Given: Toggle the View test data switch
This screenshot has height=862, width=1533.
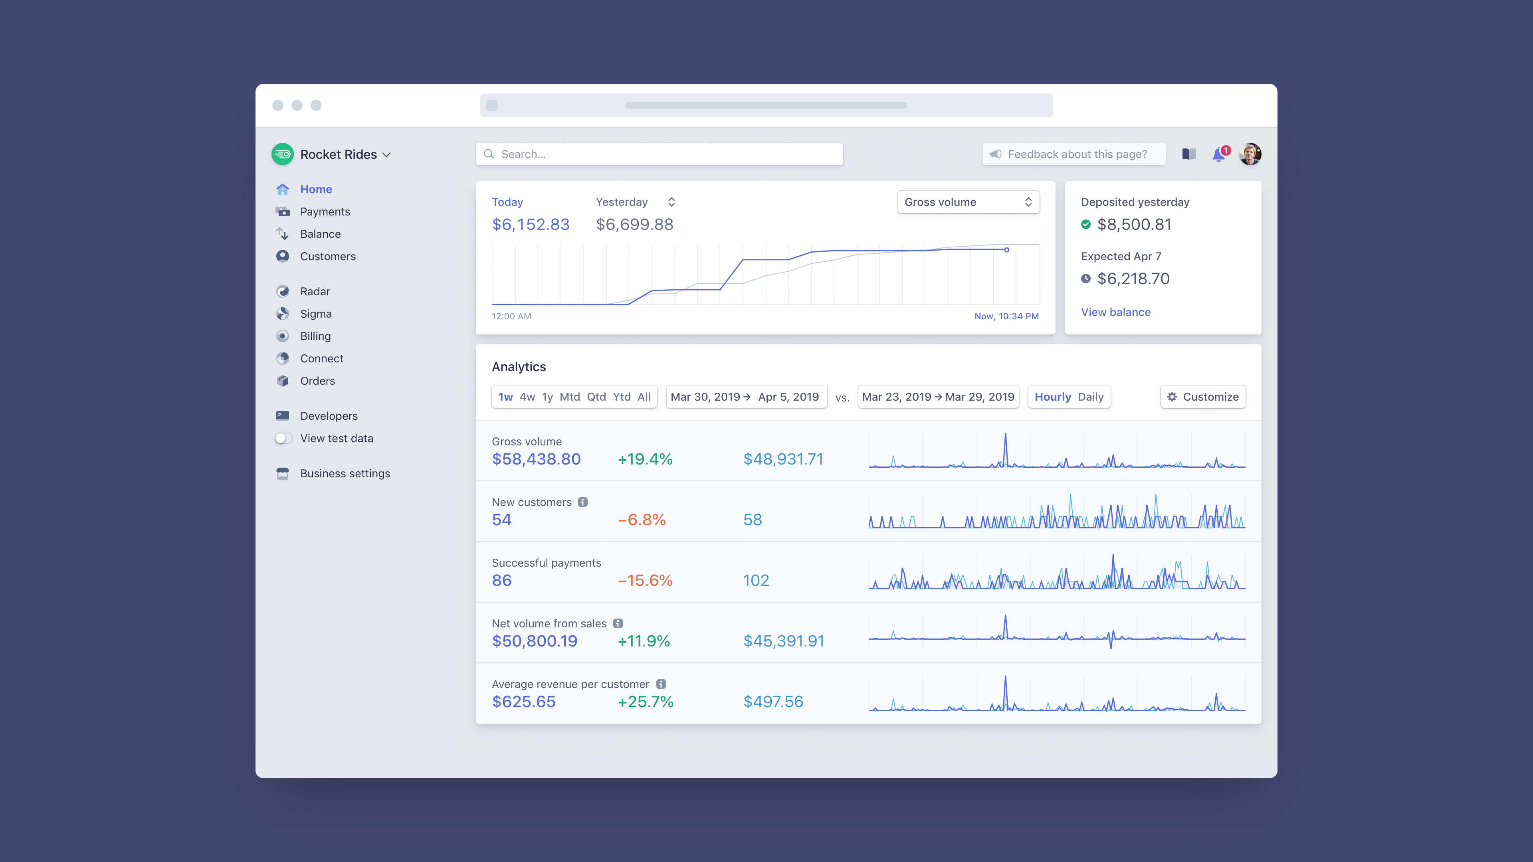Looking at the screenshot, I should (284, 439).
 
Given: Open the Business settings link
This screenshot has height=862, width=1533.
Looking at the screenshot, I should (345, 474).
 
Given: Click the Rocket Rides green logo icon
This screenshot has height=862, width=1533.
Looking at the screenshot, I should (282, 154).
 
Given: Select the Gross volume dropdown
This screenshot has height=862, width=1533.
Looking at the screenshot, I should (968, 202).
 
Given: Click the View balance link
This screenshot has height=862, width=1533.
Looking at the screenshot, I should (1115, 312).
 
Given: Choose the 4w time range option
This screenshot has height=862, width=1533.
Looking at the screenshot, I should (527, 397).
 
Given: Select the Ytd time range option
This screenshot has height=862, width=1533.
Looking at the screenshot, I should (621, 397).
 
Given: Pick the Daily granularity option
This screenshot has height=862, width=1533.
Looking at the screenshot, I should (1090, 397).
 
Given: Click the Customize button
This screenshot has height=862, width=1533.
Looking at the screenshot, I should (1203, 397).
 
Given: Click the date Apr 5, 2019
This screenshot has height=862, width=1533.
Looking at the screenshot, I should (788, 397).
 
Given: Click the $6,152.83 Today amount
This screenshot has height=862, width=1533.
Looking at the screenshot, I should (530, 224).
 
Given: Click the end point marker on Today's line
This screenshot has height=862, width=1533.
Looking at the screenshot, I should (1006, 250).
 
